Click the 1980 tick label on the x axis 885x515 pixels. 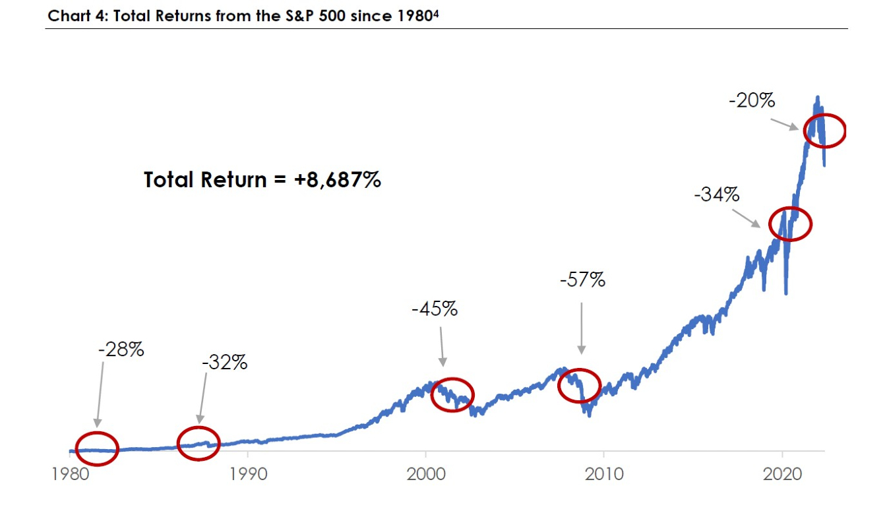[x=69, y=475]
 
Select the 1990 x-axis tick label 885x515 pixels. [x=247, y=475]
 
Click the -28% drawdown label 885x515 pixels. [x=121, y=349]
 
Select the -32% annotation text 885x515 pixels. [x=224, y=362]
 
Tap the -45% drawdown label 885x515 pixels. [x=434, y=309]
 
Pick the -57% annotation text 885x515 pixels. [x=582, y=280]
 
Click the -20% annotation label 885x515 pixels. [x=752, y=102]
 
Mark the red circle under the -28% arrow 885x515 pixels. [x=97, y=449]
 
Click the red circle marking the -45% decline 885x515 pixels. [x=452, y=395]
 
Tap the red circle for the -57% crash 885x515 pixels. [x=580, y=385]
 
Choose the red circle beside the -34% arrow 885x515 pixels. [x=789, y=224]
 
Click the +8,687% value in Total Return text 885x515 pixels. [x=338, y=179]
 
